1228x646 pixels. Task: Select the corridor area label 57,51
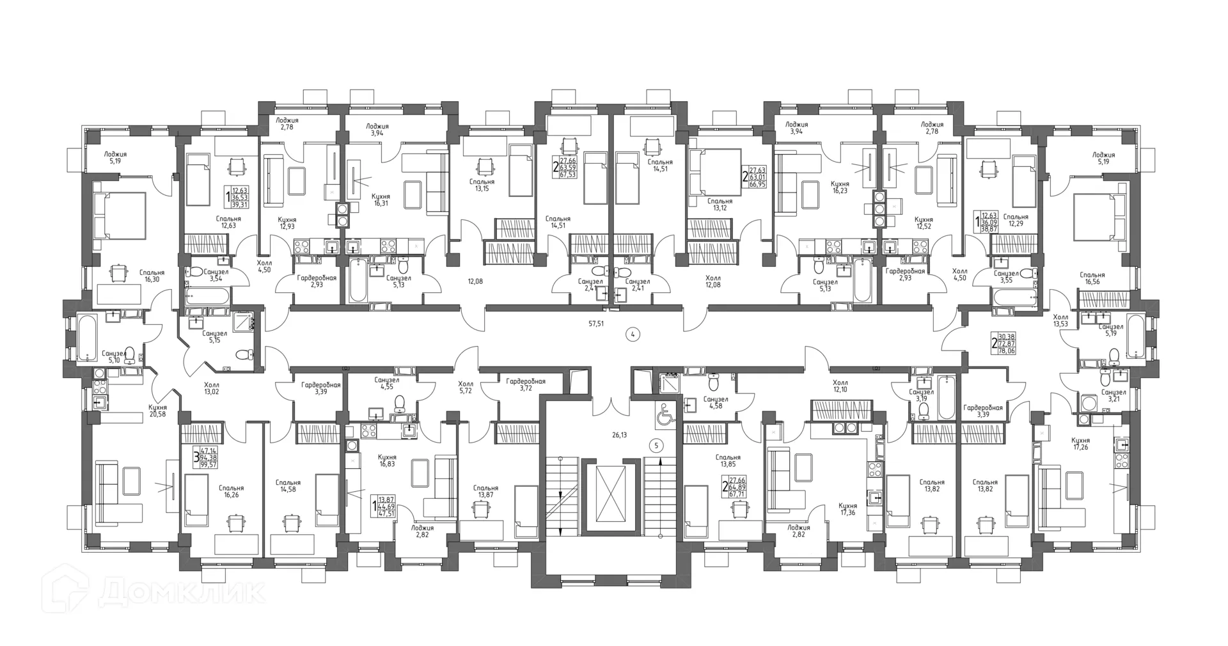tap(596, 324)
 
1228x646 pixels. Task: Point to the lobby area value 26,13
tap(619, 435)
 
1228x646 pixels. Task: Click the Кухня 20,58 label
tap(157, 411)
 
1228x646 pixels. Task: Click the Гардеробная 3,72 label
tap(525, 384)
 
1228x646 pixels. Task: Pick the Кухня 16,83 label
tap(387, 461)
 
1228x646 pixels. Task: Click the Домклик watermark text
tap(182, 592)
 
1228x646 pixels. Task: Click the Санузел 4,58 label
tap(715, 403)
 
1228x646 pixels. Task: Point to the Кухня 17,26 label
tap(1080, 445)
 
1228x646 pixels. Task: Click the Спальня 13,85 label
tap(728, 461)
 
